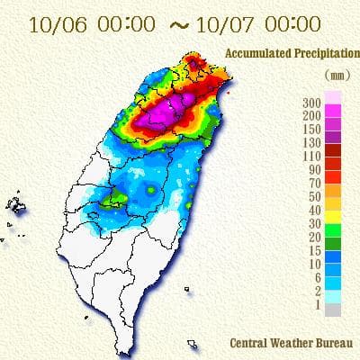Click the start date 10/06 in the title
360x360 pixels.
[x=55, y=25]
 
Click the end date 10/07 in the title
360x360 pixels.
[x=226, y=25]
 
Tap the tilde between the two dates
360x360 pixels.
[x=178, y=26]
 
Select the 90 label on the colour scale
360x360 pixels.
[x=313, y=168]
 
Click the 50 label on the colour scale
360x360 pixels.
[x=313, y=195]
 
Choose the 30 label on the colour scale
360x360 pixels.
[x=313, y=222]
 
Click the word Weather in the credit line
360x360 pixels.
[x=290, y=343]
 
